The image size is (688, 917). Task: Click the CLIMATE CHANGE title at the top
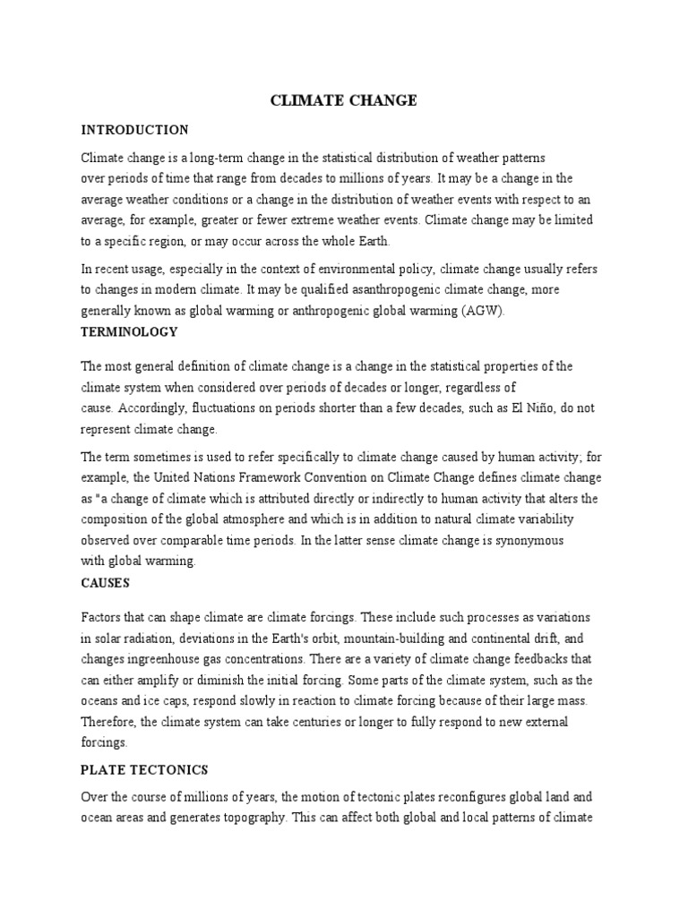click(344, 100)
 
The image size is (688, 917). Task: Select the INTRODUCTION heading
click(134, 130)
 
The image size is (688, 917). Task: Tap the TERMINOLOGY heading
click(129, 331)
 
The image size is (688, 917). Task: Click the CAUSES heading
click(105, 583)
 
